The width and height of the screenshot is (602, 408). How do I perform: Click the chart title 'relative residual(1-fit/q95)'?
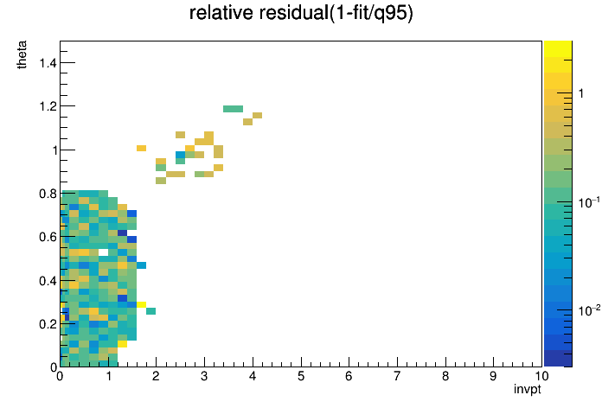301,14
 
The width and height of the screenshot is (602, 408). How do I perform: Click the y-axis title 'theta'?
22,54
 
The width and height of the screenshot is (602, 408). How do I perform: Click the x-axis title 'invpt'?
528,389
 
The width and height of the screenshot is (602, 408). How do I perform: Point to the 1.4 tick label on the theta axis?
48,62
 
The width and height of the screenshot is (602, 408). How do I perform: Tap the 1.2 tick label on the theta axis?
48,106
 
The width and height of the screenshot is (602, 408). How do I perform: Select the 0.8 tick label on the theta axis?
48,194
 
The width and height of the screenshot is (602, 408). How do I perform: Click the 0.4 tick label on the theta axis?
48,281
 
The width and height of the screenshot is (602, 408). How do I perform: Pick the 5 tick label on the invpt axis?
301,376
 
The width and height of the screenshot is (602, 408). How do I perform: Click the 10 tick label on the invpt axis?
541,376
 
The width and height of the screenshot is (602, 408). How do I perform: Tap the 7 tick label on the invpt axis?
397,376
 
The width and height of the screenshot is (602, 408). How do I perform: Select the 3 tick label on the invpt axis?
204,376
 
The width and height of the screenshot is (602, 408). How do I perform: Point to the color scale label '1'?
581,93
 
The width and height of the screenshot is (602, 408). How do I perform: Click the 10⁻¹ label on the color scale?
589,202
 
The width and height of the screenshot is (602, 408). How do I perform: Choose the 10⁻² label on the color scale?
589,310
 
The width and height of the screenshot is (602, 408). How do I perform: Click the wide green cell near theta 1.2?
233,109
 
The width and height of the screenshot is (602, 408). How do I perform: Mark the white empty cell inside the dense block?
103,252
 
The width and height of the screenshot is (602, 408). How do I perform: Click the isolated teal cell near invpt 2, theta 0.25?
150,311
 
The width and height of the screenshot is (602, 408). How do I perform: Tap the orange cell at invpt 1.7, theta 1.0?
141,148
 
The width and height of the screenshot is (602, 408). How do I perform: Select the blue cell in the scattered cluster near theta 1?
181,155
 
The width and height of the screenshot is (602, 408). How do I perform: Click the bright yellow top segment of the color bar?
558,49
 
